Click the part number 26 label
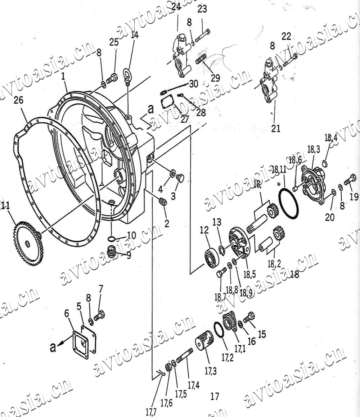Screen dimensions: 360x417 point(18,100)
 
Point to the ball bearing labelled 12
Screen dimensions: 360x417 point(212,256)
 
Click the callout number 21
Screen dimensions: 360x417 point(276,128)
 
